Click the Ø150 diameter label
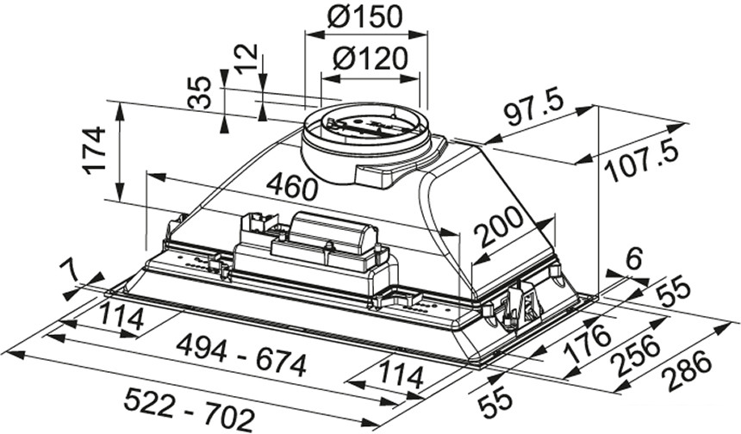pos(367,16)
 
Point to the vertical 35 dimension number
pos(201,92)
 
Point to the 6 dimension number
pos(635,257)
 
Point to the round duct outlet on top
pos(366,138)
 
